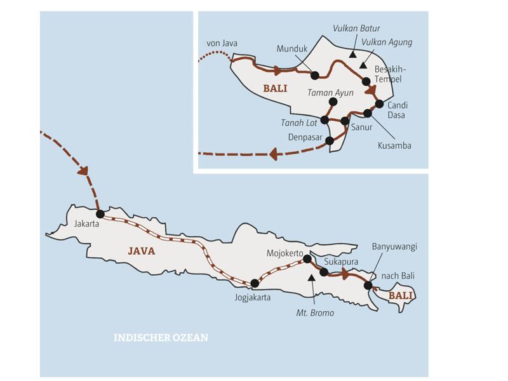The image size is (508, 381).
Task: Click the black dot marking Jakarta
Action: pyautogui.click(x=100, y=213)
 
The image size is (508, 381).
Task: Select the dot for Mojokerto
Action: pyautogui.click(x=307, y=258)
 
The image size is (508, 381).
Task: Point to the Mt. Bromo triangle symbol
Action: pyautogui.click(x=311, y=277)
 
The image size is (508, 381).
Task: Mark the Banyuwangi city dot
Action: pyautogui.click(x=368, y=286)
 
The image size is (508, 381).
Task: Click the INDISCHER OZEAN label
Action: pyautogui.click(x=161, y=338)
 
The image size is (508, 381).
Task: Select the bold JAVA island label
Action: pyautogui.click(x=142, y=251)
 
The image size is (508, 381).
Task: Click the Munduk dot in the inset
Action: pyautogui.click(x=314, y=75)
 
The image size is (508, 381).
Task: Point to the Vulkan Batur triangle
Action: pyautogui.click(x=352, y=55)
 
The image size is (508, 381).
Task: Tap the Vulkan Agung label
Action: pyautogui.click(x=387, y=43)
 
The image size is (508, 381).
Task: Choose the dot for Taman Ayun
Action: pyautogui.click(x=331, y=102)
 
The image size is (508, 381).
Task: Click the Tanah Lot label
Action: pyautogui.click(x=299, y=123)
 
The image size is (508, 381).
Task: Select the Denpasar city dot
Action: pyautogui.click(x=329, y=141)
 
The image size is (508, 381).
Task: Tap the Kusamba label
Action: pyautogui.click(x=395, y=145)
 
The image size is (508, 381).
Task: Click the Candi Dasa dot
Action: pyautogui.click(x=379, y=104)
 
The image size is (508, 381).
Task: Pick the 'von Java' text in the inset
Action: pyautogui.click(x=222, y=43)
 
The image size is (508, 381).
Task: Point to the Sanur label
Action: pyautogui.click(x=361, y=127)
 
